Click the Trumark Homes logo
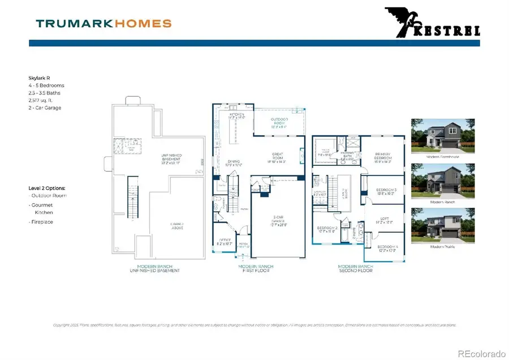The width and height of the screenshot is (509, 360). pos(103,23)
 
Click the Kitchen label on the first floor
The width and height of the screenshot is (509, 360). pos(236,115)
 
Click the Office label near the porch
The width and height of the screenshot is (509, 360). pos(225,242)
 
